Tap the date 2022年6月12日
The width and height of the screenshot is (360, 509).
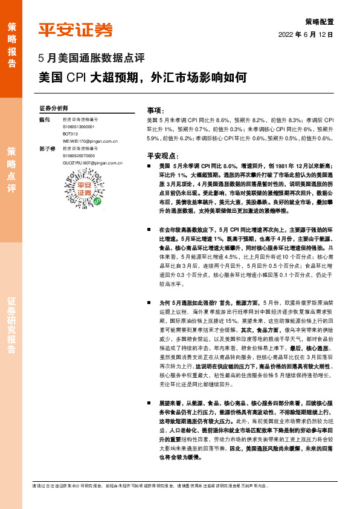[306, 35]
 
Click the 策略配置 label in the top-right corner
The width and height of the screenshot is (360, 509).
[318, 20]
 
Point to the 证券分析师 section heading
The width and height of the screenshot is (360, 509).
[54, 108]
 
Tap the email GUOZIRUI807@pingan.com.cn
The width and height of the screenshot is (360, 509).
[92, 163]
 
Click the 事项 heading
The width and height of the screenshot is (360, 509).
[156, 111]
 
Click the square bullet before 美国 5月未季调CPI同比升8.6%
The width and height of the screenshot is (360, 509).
[150, 165]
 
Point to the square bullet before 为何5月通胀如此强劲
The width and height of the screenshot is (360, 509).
[150, 301]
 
